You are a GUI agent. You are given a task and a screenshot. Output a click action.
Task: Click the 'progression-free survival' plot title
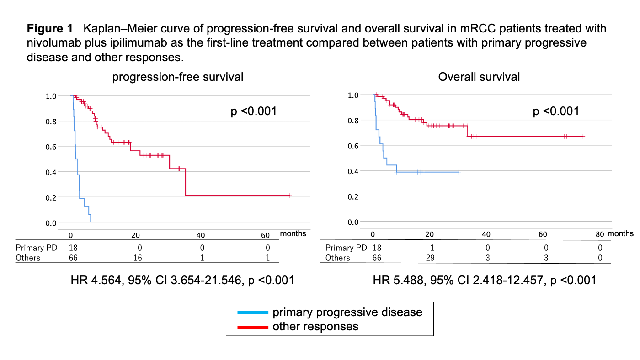[x=178, y=77]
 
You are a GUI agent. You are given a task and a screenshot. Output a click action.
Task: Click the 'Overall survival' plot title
[x=479, y=77]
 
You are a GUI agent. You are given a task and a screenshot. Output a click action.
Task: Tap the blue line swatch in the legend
[x=252, y=312]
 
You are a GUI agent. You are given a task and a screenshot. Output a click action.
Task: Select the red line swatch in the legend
[x=252, y=327]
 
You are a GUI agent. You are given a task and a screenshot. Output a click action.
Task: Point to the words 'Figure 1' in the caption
[x=50, y=29]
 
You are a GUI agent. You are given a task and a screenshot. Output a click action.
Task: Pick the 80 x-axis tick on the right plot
[x=600, y=234]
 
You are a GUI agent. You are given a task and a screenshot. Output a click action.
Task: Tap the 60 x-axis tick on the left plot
[x=265, y=235]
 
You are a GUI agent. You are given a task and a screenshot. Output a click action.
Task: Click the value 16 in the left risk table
[x=137, y=258]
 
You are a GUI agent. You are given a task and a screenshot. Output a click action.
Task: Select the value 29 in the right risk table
[x=429, y=258]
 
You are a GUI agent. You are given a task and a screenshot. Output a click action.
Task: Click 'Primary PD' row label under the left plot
[x=36, y=248]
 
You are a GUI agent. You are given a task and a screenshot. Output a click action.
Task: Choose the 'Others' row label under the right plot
[x=337, y=258]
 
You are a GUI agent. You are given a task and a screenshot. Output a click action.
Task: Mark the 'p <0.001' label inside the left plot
[x=254, y=111]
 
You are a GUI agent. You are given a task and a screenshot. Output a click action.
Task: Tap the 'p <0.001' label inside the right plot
[x=556, y=111]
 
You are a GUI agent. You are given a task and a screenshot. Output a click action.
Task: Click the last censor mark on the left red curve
[x=290, y=196]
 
